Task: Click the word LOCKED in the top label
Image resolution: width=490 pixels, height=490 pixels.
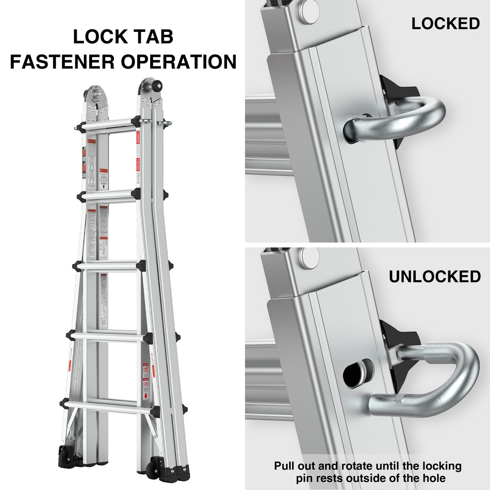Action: point(446,24)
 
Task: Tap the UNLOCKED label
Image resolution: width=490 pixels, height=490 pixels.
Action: point(435,277)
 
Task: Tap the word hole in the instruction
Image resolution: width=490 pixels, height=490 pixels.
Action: point(433,479)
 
